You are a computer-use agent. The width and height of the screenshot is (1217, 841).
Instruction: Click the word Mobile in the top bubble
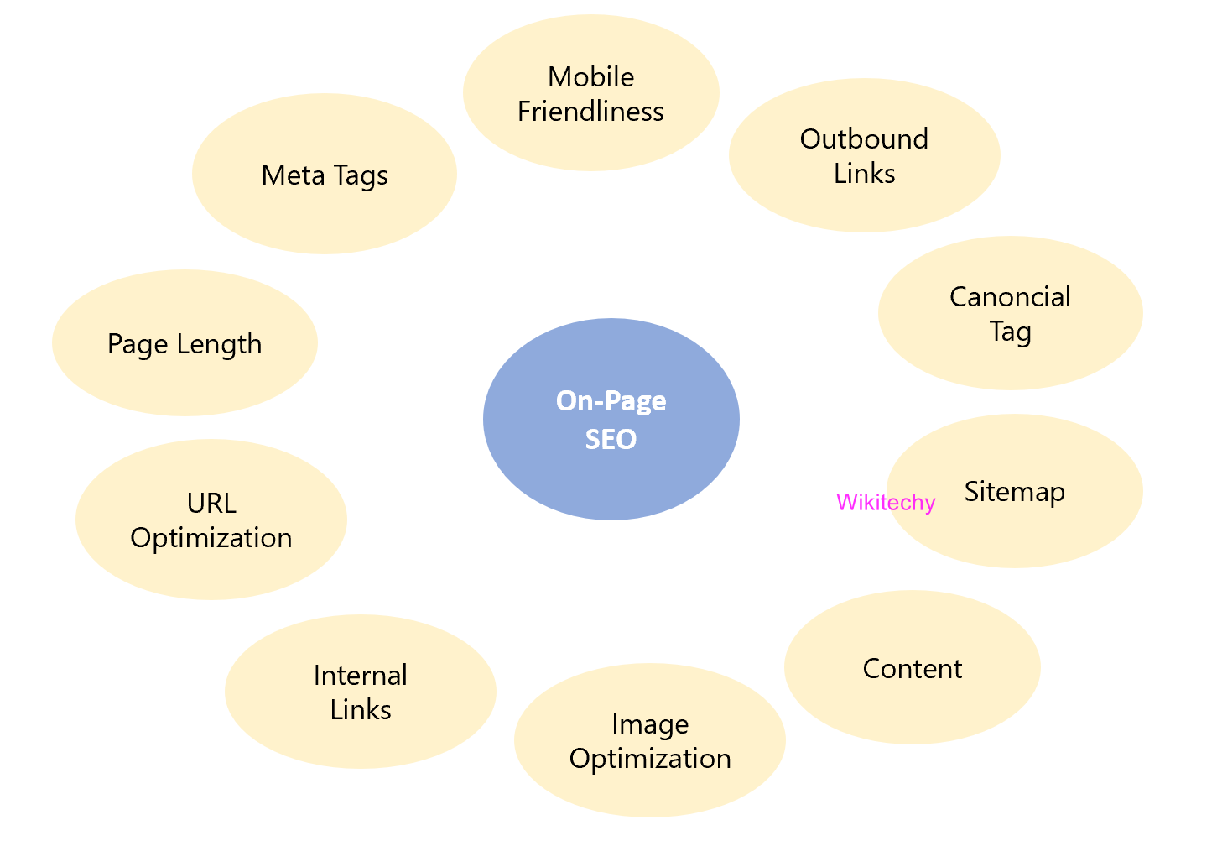[x=590, y=77]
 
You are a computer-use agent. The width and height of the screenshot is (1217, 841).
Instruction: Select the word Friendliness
[x=590, y=112]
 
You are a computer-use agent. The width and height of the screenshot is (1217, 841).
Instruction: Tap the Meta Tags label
[x=325, y=175]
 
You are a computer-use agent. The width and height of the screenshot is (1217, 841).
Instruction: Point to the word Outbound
[x=864, y=139]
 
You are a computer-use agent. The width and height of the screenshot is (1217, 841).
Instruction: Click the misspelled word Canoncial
[x=1010, y=297]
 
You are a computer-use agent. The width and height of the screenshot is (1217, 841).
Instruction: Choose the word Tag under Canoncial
[x=1010, y=332]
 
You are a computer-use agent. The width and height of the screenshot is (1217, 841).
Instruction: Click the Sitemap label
[x=1015, y=491]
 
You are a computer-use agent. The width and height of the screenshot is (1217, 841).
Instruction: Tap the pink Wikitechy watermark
[x=886, y=503]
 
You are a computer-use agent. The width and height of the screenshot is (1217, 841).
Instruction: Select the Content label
[x=913, y=669]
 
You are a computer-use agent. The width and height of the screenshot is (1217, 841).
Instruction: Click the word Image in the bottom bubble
[x=650, y=724]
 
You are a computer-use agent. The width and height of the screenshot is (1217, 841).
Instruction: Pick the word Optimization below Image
[x=650, y=759]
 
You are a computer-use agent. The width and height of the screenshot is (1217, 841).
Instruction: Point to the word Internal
[x=361, y=676]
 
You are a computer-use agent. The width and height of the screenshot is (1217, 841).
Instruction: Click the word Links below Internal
[x=361, y=710]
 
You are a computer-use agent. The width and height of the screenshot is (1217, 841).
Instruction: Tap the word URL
[x=211, y=504]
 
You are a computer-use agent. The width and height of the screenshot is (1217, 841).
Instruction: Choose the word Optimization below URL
[x=211, y=538]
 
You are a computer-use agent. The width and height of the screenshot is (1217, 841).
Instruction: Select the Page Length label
[x=185, y=344]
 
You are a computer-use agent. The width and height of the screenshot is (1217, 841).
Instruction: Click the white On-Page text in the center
[x=611, y=401]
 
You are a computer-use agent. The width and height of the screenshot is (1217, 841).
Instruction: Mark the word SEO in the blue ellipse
[x=611, y=439]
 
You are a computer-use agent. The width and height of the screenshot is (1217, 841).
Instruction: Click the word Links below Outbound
[x=864, y=174]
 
